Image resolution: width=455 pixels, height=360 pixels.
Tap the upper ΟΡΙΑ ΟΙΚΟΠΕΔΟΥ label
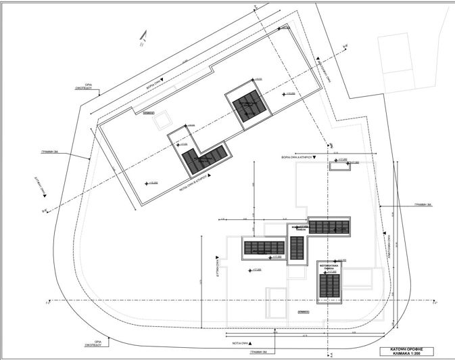(x=83, y=88)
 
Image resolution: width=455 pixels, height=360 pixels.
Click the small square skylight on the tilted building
(x=162, y=122)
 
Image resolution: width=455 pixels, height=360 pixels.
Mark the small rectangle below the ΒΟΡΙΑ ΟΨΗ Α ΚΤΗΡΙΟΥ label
(x=340, y=166)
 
